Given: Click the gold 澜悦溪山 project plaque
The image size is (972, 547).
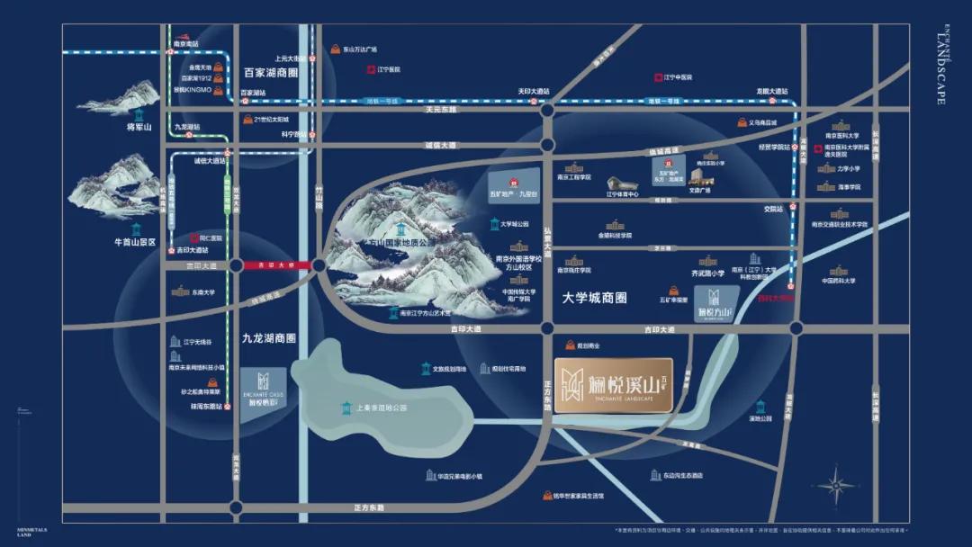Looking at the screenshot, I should [x=613, y=386].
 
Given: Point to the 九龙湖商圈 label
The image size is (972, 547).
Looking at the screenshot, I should [x=269, y=338].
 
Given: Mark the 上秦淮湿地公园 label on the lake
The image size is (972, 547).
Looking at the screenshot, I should [x=382, y=408].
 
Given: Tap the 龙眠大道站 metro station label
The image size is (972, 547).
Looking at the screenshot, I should [x=771, y=91].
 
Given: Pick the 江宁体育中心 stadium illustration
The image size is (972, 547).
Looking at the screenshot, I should [x=620, y=184].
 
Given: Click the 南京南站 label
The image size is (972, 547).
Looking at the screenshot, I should [x=187, y=43].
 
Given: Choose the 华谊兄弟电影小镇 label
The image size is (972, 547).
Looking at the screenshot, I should [x=461, y=476].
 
